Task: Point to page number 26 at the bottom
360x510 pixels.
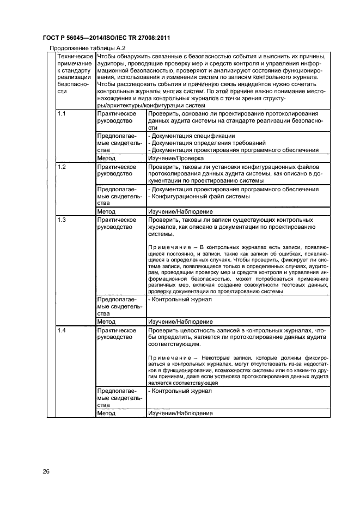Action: (x=46, y=471)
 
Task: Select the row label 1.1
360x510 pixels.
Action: (x=62, y=113)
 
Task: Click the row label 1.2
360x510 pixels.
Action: (x=62, y=166)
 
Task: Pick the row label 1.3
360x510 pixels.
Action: (x=62, y=220)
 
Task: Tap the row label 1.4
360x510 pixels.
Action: (x=62, y=330)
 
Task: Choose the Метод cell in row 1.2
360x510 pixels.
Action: (x=106, y=211)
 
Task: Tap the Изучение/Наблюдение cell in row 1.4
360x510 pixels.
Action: (x=180, y=414)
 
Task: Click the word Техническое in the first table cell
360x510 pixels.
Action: (x=75, y=56)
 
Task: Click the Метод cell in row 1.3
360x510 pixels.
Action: (x=106, y=322)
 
